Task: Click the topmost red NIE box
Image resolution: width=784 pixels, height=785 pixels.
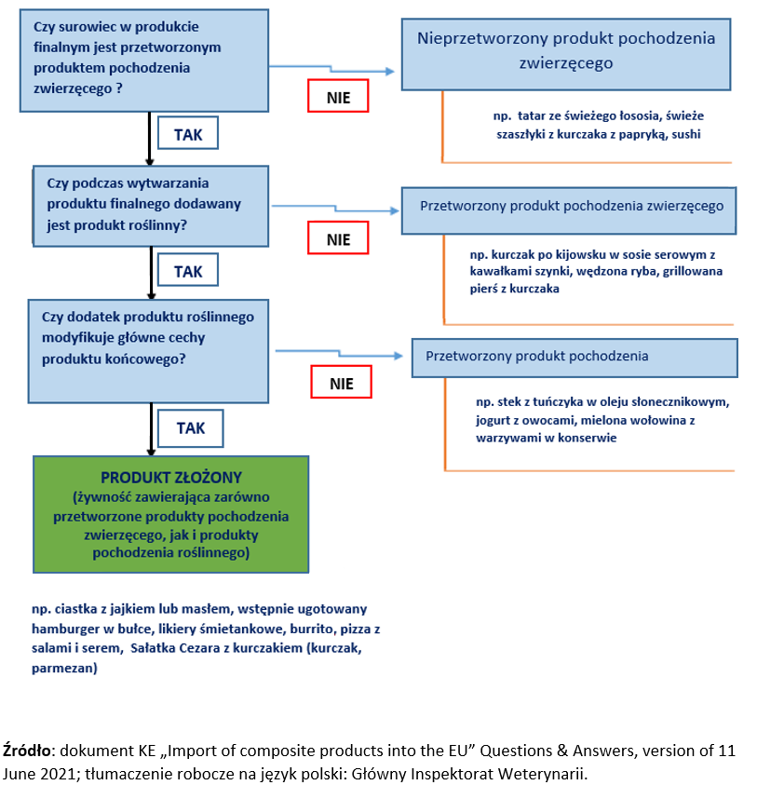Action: [338, 97]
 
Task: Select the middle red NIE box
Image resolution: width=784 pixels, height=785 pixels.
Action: [338, 239]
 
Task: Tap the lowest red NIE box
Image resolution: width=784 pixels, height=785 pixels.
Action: [341, 383]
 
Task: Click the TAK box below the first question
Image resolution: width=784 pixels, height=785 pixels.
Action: [189, 134]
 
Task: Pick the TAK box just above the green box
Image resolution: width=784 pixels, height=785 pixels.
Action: [190, 428]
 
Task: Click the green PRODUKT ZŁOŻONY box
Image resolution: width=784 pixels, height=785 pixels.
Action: [170, 514]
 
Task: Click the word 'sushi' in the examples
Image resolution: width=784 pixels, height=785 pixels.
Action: [682, 134]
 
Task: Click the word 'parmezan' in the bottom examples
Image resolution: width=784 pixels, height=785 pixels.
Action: [64, 668]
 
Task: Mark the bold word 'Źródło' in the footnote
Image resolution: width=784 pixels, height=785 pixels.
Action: [26, 750]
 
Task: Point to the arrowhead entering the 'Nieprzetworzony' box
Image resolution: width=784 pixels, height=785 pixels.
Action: [390, 72]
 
